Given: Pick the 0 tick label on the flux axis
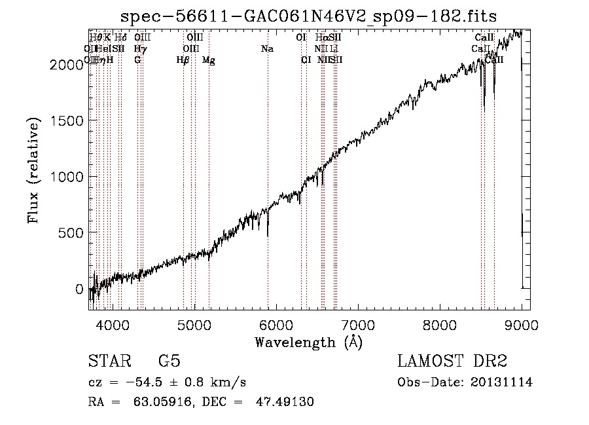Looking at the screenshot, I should [80, 289].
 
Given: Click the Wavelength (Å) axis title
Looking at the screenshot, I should [309, 342].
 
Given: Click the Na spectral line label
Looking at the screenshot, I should [267, 48].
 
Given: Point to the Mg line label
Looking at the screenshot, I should [208, 60].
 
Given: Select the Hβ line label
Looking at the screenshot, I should [183, 60].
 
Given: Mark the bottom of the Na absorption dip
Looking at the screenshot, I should [268, 234].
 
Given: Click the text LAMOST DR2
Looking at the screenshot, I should [452, 362].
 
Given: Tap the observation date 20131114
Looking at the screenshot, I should [504, 382].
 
